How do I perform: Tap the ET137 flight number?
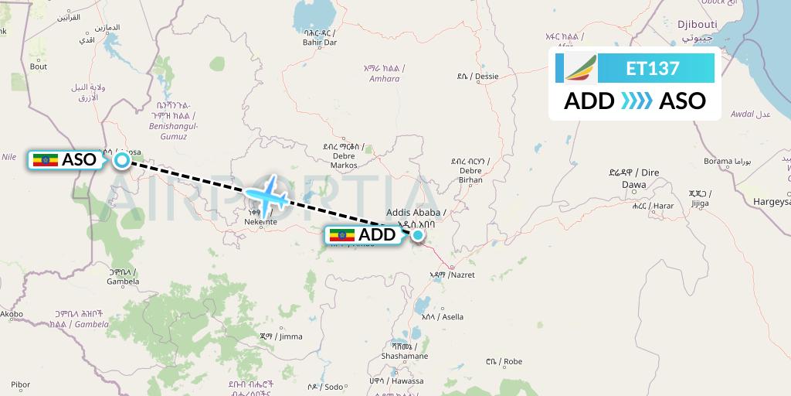tap(653, 69)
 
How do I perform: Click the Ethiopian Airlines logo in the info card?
tap(580, 68)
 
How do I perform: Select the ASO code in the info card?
tap(682, 101)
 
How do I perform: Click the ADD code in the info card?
tap(589, 101)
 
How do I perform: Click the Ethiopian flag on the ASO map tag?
tap(46, 160)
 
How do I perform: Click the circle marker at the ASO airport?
tap(122, 160)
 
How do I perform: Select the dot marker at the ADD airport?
tap(418, 234)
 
